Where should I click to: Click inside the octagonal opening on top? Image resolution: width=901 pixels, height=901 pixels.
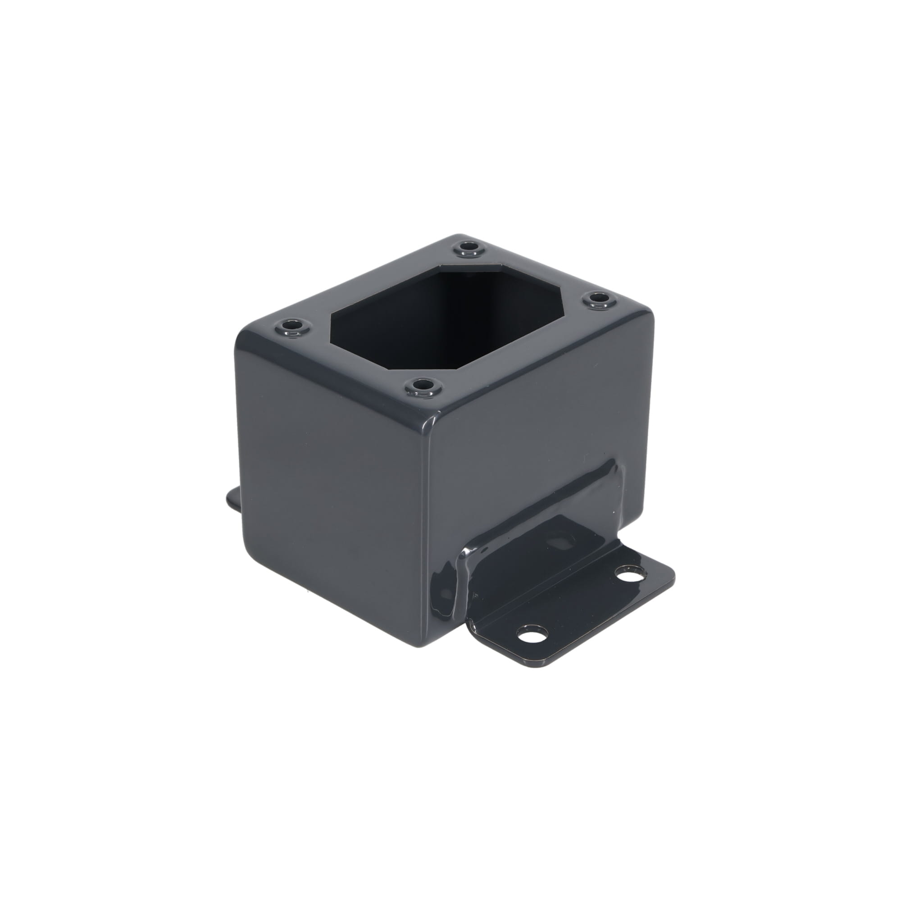pos(448,313)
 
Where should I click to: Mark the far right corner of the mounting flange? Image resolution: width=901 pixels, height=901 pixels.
pos(672,573)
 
